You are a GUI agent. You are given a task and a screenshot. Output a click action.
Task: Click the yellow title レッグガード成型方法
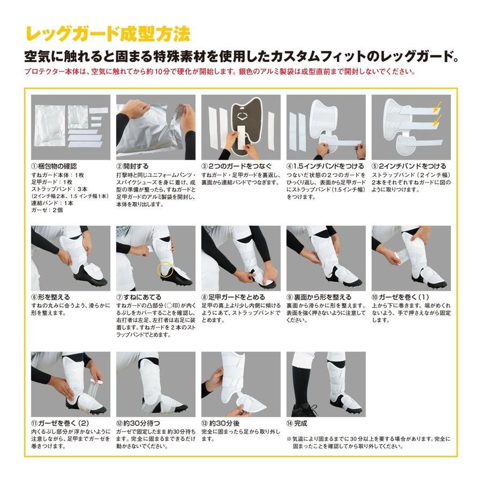pos(107,34)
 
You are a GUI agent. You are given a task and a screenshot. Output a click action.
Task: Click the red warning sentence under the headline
pos(219,72)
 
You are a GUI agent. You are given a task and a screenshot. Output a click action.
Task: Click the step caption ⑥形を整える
pos(51,296)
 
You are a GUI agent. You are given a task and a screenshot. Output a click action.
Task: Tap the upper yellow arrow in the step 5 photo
pos(436,105)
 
